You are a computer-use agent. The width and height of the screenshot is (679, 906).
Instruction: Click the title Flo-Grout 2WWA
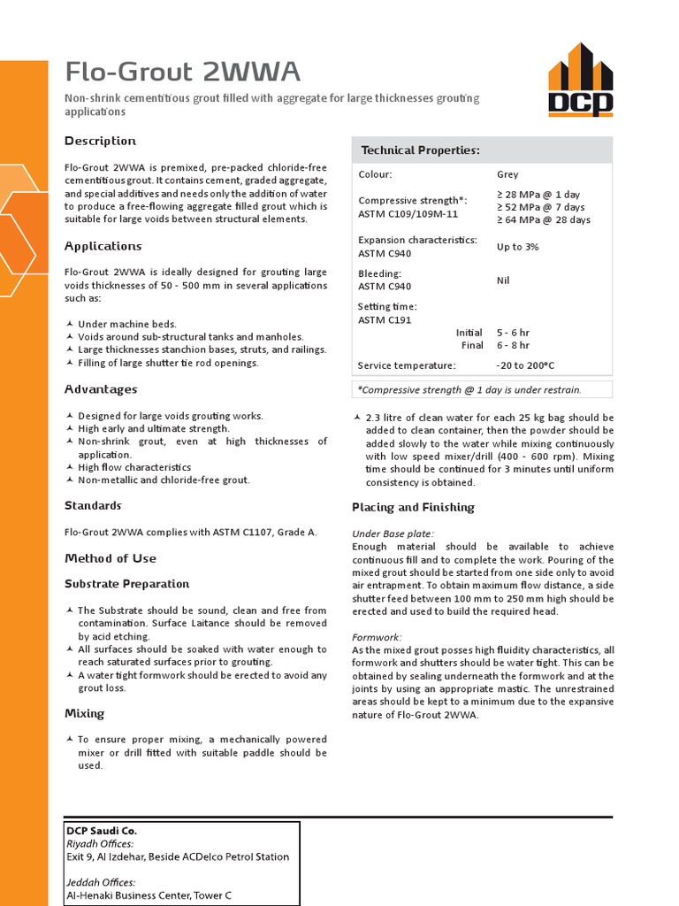tap(183, 72)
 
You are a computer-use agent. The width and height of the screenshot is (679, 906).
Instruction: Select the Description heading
tap(100, 141)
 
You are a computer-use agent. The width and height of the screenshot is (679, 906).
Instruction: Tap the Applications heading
tap(103, 246)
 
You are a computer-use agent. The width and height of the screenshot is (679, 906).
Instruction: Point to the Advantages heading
tap(101, 389)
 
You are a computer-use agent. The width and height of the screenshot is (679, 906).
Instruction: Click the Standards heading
tap(93, 505)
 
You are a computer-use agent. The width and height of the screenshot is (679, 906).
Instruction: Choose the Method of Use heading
tap(111, 558)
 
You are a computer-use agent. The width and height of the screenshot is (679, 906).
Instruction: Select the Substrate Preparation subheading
tap(126, 584)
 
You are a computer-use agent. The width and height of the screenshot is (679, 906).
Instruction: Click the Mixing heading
tap(84, 713)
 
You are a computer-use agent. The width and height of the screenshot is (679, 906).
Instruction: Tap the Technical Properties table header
tap(420, 150)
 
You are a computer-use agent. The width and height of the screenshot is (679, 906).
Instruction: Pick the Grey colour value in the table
tap(507, 175)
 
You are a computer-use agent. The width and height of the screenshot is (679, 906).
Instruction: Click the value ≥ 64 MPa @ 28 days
tap(544, 220)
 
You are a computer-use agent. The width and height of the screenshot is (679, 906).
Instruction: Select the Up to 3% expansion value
tap(517, 247)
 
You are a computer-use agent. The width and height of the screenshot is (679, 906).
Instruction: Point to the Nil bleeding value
tap(503, 280)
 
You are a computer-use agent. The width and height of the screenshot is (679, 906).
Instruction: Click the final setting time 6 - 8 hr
tap(514, 346)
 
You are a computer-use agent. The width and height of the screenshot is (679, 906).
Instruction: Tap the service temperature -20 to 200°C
tap(525, 365)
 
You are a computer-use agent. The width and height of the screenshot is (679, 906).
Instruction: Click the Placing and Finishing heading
tap(413, 507)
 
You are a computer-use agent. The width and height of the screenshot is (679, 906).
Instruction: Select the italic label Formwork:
tap(377, 637)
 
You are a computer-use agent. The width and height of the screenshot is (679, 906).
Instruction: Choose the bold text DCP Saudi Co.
tap(102, 831)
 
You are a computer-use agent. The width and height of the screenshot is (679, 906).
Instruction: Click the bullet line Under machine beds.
tap(127, 325)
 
